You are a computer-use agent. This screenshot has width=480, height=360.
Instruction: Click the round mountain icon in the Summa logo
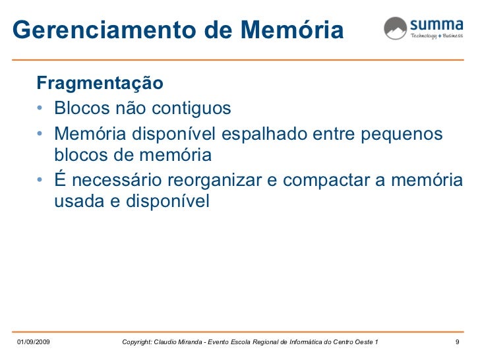click(395, 28)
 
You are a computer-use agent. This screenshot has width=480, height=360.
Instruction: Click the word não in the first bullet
click(125, 107)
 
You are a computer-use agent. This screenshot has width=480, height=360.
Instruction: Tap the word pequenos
click(401, 133)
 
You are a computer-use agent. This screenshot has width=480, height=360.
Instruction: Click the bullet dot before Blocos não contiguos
click(42, 107)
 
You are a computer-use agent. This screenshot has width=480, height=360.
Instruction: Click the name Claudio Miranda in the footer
click(187, 342)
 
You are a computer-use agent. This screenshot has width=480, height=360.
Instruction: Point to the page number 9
click(458, 342)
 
